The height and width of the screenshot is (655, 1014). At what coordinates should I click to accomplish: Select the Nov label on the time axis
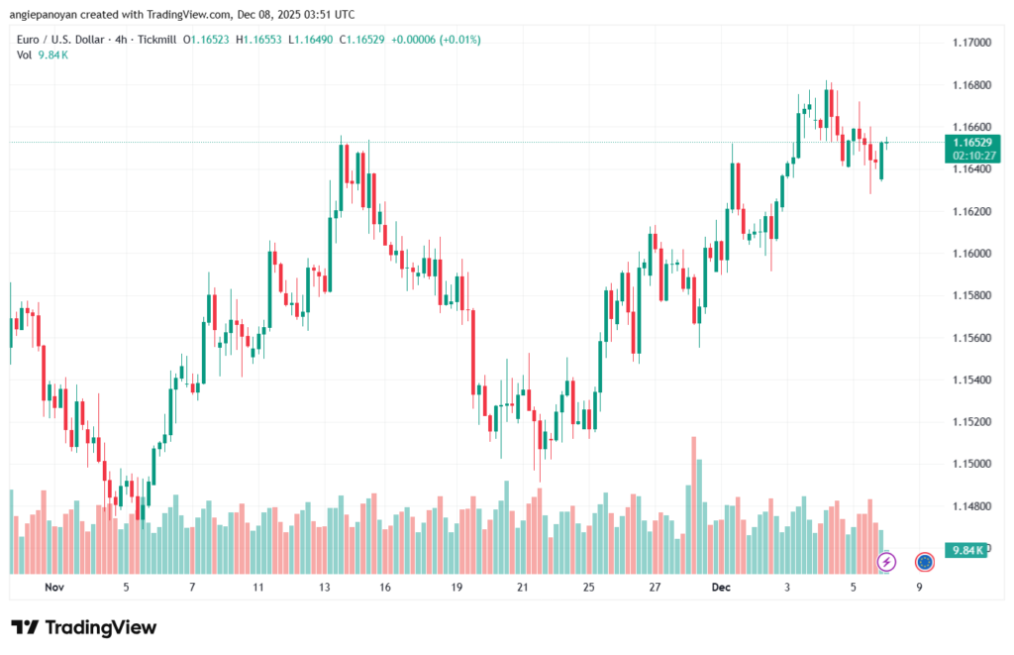click(54, 588)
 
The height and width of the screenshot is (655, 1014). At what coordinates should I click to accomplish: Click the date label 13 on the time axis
click(324, 588)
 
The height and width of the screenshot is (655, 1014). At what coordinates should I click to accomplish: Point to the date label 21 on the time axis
click(522, 588)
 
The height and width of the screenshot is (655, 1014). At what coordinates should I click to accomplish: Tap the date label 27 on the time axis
click(655, 588)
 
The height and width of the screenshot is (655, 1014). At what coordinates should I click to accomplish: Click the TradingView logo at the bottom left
click(83, 627)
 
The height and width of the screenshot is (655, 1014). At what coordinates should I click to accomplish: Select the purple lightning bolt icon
click(886, 562)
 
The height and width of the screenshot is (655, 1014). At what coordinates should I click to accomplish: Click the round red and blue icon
click(925, 562)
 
